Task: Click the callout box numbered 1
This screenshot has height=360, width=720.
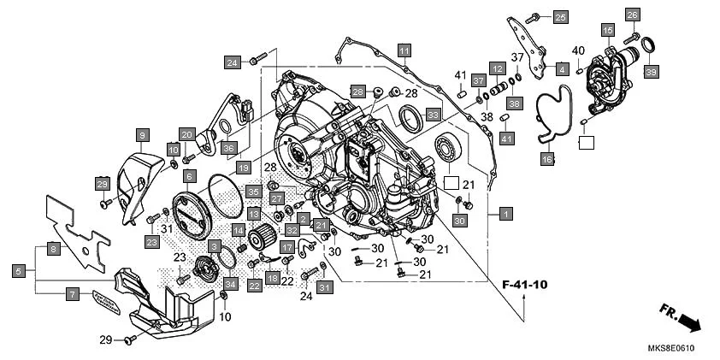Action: tap(506, 212)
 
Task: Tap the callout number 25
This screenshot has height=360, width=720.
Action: tap(559, 17)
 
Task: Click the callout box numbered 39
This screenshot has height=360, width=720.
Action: tap(652, 74)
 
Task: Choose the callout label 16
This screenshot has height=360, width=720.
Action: tap(547, 159)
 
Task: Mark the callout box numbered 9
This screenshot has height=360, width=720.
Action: tap(143, 134)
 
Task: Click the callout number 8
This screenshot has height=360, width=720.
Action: tap(53, 249)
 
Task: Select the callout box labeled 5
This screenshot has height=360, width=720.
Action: tap(18, 270)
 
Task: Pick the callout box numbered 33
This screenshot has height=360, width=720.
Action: tap(434, 114)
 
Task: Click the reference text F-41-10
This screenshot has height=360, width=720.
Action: tap(523, 284)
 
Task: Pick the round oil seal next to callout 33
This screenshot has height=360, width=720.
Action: tap(411, 121)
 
